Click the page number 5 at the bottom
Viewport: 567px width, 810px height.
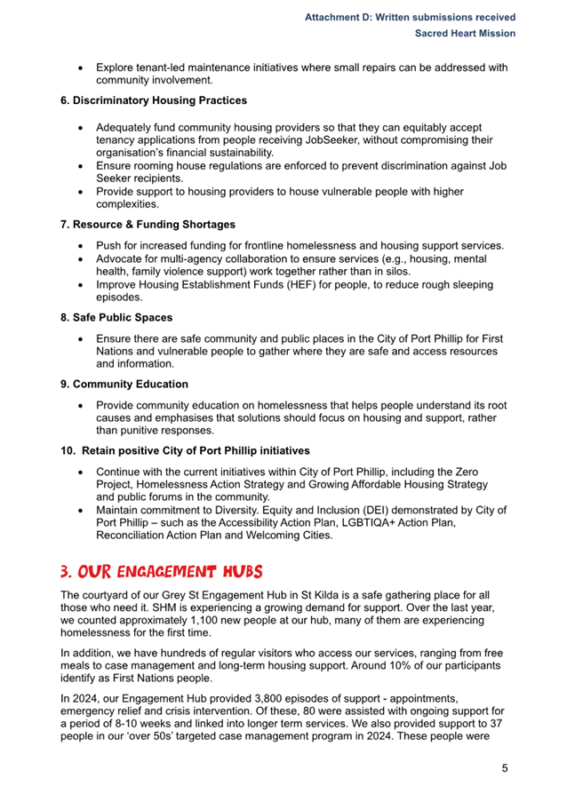pos(505,769)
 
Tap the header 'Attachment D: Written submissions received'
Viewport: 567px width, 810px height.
pos(410,17)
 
